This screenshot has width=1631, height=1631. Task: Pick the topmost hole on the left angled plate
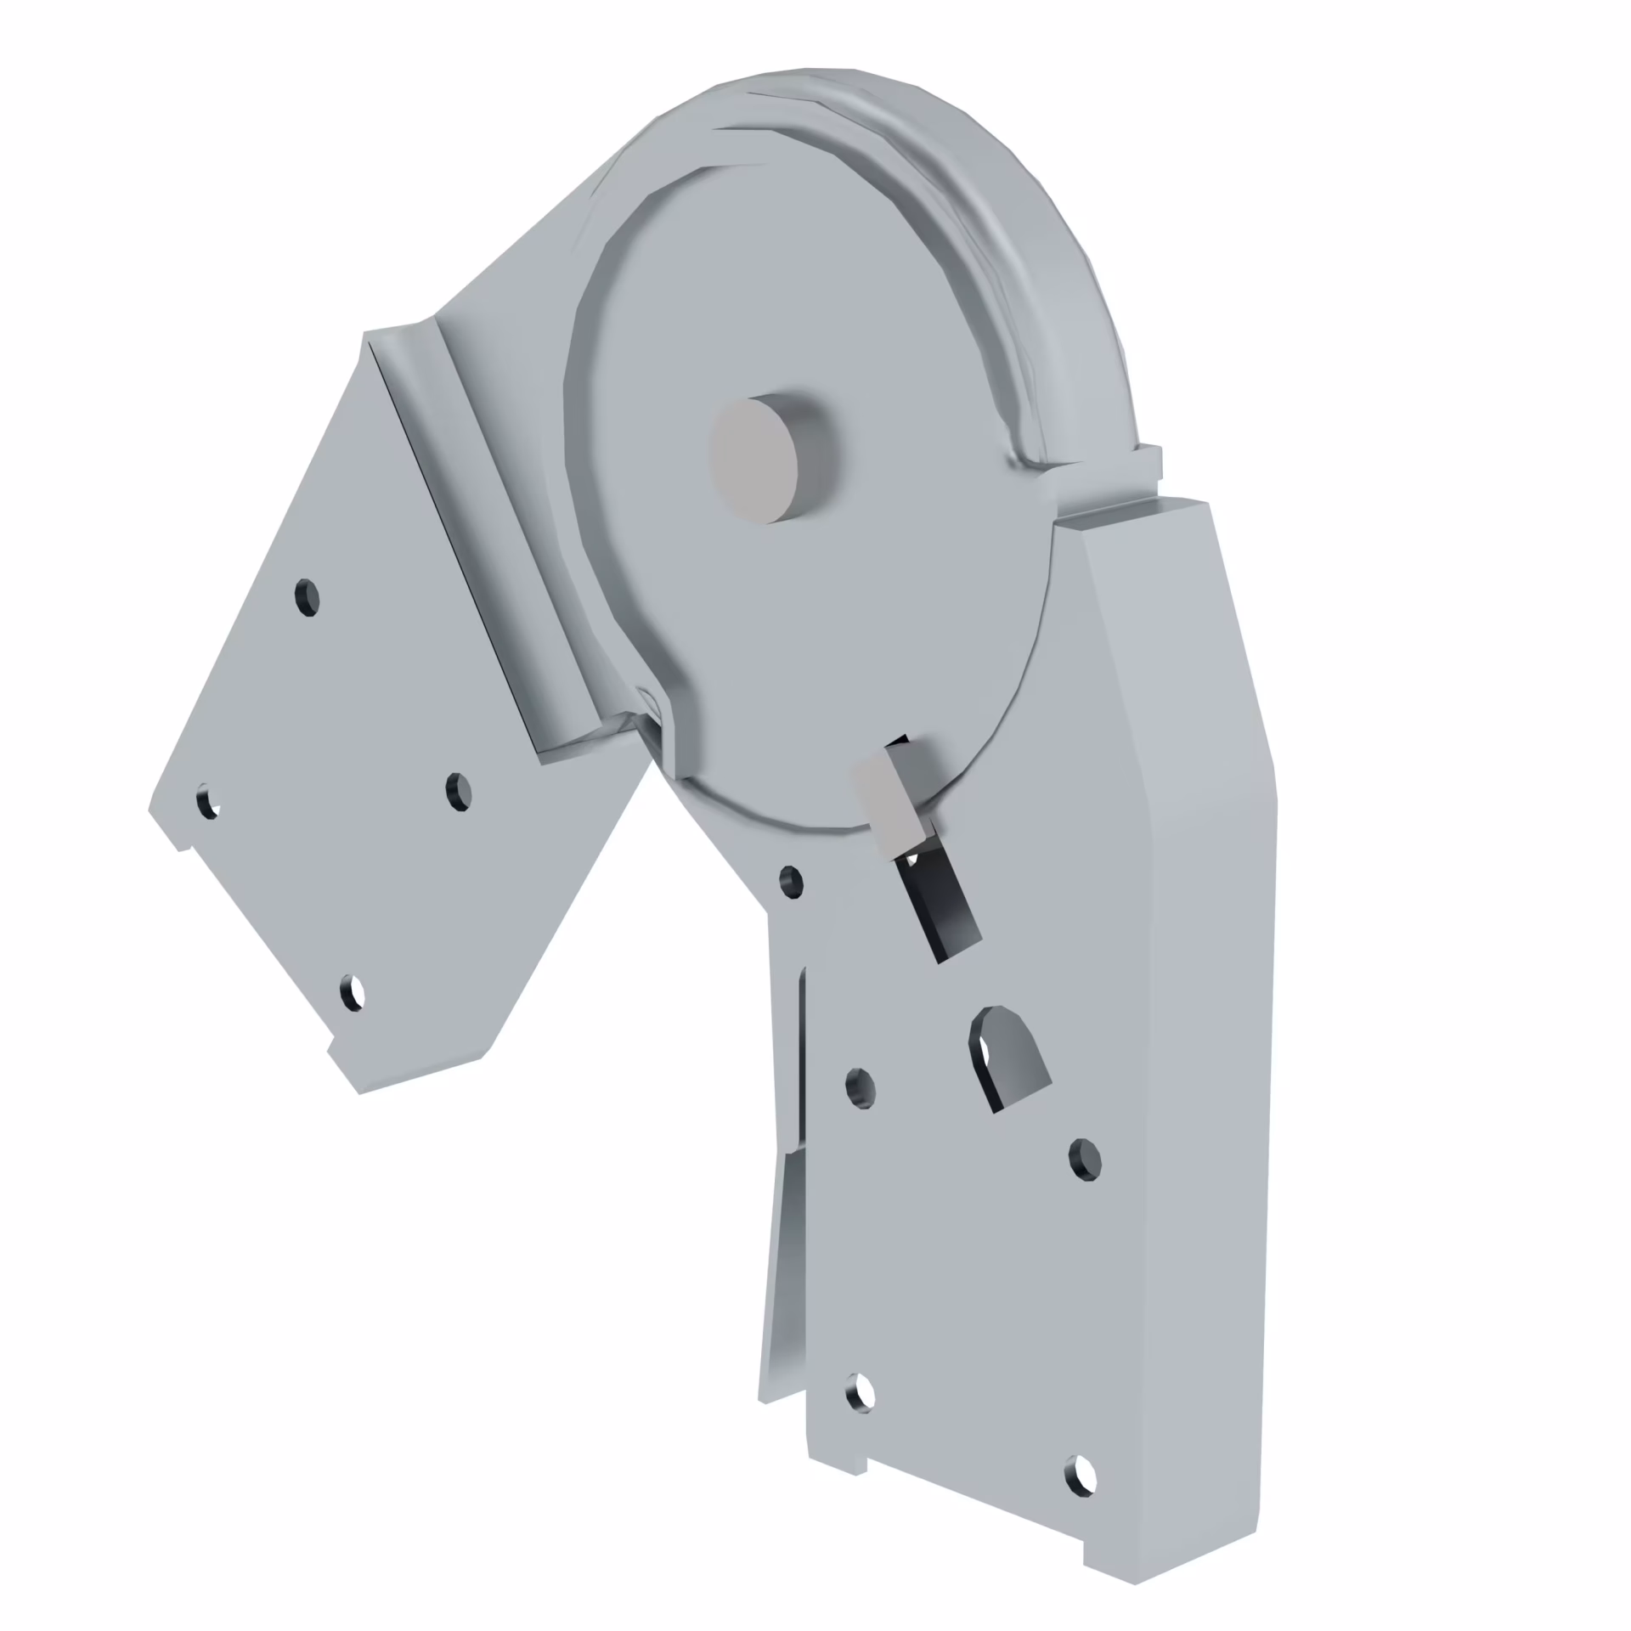pyautogui.click(x=308, y=597)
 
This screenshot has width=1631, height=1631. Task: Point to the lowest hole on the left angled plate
pyautogui.click(x=352, y=991)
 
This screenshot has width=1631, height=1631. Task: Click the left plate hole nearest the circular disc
pyautogui.click(x=459, y=792)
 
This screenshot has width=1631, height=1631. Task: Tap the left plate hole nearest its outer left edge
pyautogui.click(x=207, y=802)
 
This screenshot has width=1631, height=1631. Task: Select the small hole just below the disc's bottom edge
pyautogui.click(x=791, y=883)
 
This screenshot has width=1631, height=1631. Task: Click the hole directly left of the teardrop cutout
pyautogui.click(x=861, y=1088)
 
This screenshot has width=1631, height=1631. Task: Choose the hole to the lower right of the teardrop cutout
pyautogui.click(x=1085, y=1160)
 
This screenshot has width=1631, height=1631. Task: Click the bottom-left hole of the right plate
pyautogui.click(x=861, y=1392)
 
